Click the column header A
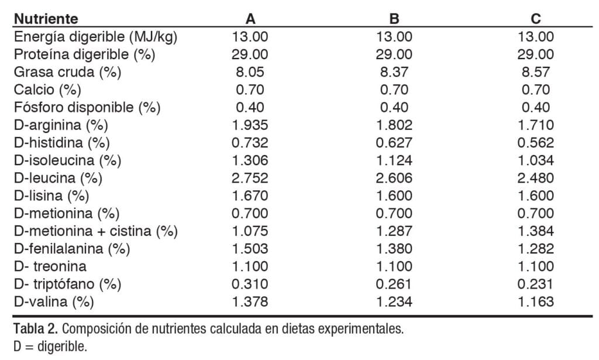[x=250, y=19]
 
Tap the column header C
[x=535, y=19]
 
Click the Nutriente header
[x=46, y=19]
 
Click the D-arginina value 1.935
[x=250, y=125]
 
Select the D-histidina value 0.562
[x=535, y=143]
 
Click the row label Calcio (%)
[x=47, y=90]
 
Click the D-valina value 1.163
[x=535, y=302]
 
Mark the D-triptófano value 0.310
[x=250, y=284]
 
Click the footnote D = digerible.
[x=50, y=346]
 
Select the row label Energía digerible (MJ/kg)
[x=95, y=36]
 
